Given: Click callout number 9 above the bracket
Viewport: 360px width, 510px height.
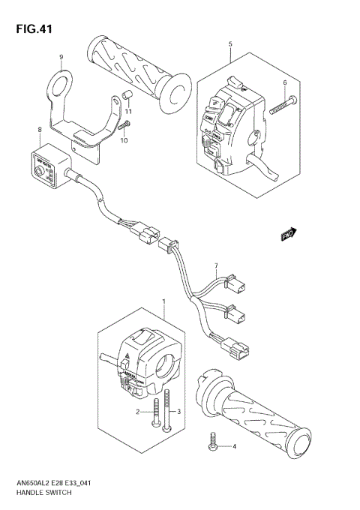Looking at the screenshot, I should coord(61,56).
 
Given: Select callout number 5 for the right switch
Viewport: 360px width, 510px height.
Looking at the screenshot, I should coord(229,44).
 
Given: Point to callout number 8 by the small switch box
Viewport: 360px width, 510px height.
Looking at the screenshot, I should coord(39,130).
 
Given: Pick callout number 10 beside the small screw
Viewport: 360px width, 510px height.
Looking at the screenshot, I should coord(124,140).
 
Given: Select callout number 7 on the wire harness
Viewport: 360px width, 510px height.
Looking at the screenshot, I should coord(215,265).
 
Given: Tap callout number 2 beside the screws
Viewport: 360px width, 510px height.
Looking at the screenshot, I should coord(137,412).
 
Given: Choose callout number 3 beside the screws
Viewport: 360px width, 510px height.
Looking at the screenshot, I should coord(179,412).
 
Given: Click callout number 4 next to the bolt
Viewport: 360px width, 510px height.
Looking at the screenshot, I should coord(233,448).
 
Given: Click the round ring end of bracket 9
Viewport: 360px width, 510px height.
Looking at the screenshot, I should coord(60,84).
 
